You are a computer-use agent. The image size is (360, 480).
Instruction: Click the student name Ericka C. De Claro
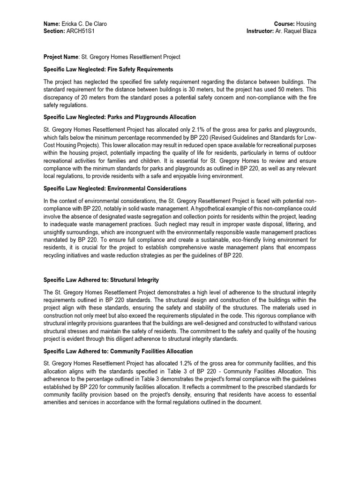[88, 24]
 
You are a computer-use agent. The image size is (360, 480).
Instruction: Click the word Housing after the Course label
[307, 24]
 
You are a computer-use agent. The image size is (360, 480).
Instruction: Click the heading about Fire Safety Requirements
[108, 69]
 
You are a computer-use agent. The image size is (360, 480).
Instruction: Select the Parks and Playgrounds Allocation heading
[120, 117]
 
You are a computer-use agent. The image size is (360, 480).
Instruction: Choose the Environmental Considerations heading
[115, 188]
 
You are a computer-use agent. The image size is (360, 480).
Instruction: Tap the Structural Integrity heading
[101, 280]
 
